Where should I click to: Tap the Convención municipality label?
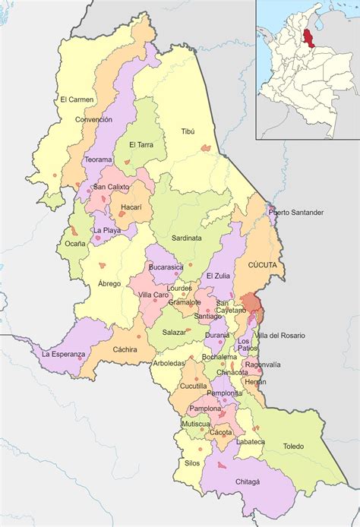pos(93,119)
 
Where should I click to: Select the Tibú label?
pos(188,131)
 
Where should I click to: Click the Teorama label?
pos(98,159)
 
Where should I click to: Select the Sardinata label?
pos(186,238)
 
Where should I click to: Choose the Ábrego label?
pos(109,283)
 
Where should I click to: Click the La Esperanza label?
pos(64,354)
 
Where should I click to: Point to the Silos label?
pos(192,462)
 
